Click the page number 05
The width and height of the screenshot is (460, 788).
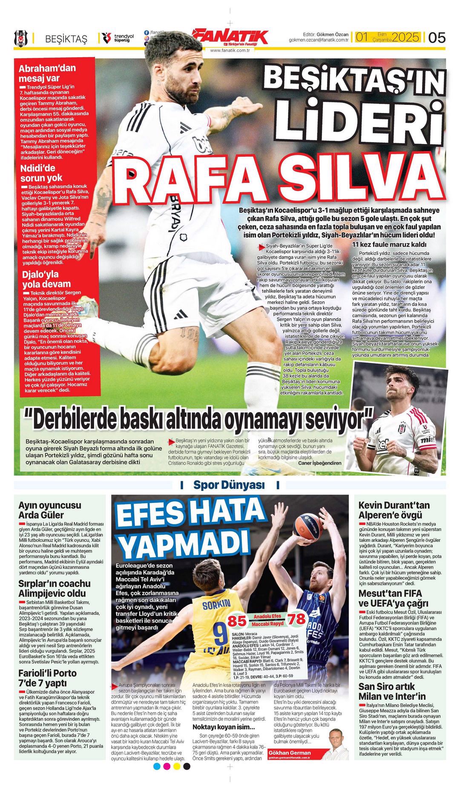[437, 38]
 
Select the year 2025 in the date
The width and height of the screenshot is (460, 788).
[405, 37]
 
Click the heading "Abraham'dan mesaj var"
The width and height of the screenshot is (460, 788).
[47, 73]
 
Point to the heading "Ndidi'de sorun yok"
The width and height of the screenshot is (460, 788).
[41, 173]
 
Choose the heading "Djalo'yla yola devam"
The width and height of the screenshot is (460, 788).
[40, 279]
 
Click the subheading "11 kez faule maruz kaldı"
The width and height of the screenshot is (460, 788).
[389, 245]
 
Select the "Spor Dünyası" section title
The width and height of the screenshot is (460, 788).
[229, 485]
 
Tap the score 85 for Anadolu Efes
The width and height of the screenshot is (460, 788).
[237, 621]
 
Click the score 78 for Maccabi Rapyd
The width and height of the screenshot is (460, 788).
[297, 618]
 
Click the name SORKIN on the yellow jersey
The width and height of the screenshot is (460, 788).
[216, 603]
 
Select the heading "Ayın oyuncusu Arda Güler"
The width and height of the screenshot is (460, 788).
[49, 510]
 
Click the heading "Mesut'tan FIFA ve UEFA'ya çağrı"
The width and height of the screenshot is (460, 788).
[390, 598]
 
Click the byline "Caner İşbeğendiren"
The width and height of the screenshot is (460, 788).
[319, 463]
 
